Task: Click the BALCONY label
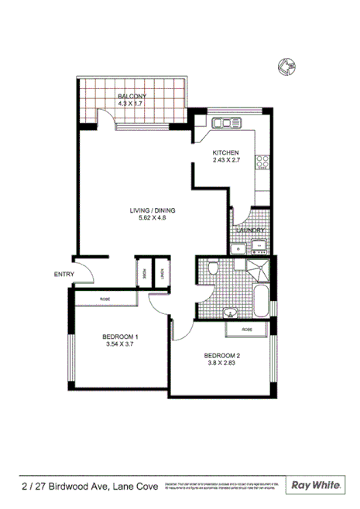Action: [132, 96]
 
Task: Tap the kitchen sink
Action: [228, 122]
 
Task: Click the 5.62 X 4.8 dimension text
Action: [153, 219]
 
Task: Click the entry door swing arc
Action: [87, 272]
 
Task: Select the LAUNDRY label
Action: [251, 231]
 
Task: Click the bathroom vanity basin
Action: [229, 313]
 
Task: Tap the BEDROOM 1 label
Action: [120, 337]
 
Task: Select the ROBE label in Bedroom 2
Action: [246, 330]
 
